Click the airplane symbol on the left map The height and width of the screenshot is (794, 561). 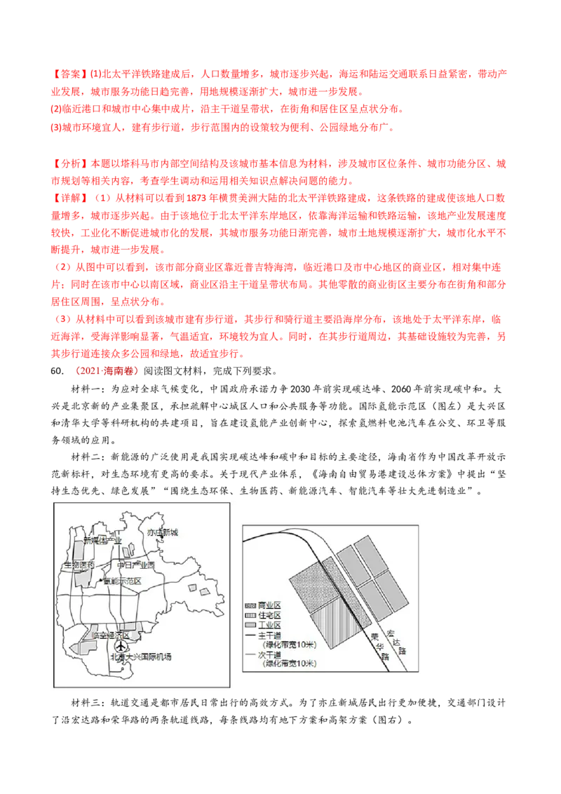coord(121,646)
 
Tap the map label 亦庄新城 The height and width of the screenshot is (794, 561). coord(163,532)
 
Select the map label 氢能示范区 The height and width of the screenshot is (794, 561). coord(122,581)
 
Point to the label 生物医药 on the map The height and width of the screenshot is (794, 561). coord(79,565)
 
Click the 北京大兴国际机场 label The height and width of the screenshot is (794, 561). coord(141,657)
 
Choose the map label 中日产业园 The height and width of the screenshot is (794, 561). coord(136,565)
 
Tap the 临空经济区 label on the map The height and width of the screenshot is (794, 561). coord(110,635)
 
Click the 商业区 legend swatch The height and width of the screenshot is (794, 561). coord(250,605)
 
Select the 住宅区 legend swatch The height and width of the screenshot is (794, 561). coord(250,615)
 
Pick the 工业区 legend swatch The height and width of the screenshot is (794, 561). coord(250,625)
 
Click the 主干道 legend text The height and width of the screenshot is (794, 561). coord(269,635)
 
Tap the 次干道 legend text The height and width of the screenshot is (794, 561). coord(269,654)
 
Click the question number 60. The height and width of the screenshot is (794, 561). coord(58,371)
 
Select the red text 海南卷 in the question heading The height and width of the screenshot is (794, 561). coord(118,371)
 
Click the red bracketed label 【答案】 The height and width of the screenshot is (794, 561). coord(70,74)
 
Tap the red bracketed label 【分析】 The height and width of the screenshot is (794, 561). coord(70,163)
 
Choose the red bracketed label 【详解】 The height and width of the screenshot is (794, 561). coord(70,198)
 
